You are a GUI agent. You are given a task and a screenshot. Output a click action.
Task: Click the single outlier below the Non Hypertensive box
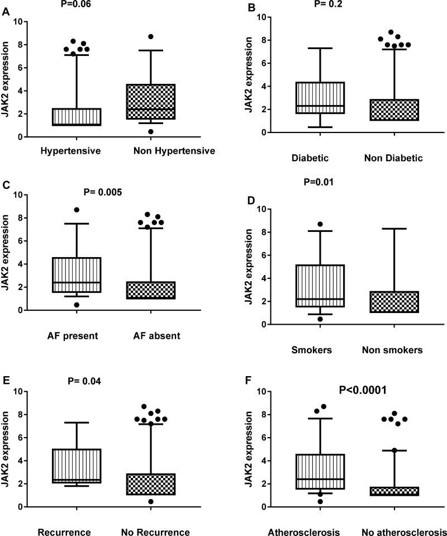tap(151, 131)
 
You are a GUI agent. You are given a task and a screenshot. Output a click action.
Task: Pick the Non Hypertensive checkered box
tap(151, 101)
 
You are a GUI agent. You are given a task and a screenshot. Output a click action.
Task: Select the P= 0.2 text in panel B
tap(319, 4)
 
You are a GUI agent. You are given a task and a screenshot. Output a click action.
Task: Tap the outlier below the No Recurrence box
tap(151, 501)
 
